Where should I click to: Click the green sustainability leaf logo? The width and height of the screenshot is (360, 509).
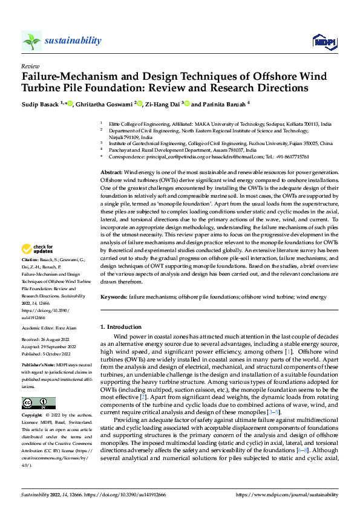click(x=31, y=41)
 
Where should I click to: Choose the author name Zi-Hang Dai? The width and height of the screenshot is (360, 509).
click(x=162, y=104)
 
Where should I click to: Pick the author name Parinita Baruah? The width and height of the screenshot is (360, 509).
click(x=223, y=104)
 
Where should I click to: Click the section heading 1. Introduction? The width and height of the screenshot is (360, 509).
click(x=122, y=326)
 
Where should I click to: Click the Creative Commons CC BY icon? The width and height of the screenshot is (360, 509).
click(x=39, y=403)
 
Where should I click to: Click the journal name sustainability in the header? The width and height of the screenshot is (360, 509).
click(x=73, y=41)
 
